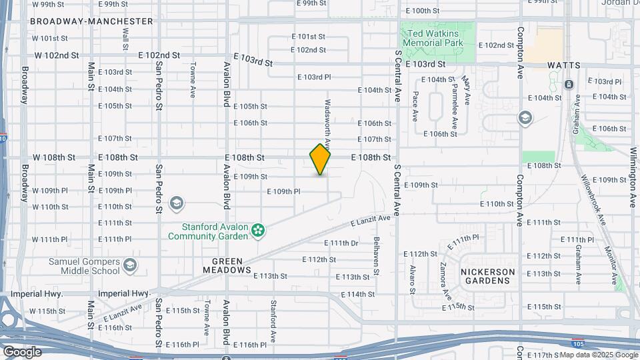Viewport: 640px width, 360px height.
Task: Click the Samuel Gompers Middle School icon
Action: coord(130,266)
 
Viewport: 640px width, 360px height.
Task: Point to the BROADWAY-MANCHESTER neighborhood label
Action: coord(92,21)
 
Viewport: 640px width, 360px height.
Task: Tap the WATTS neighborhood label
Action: coord(563,66)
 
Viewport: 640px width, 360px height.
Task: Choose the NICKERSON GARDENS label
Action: coord(487,276)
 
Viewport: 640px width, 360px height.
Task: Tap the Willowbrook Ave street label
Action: coord(591,198)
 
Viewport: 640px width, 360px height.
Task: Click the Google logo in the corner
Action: coord(23,351)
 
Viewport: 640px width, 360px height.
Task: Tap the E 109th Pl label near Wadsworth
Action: coord(284,191)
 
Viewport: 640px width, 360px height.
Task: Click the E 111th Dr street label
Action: coord(341,243)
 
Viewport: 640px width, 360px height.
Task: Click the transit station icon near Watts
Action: coord(569,85)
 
